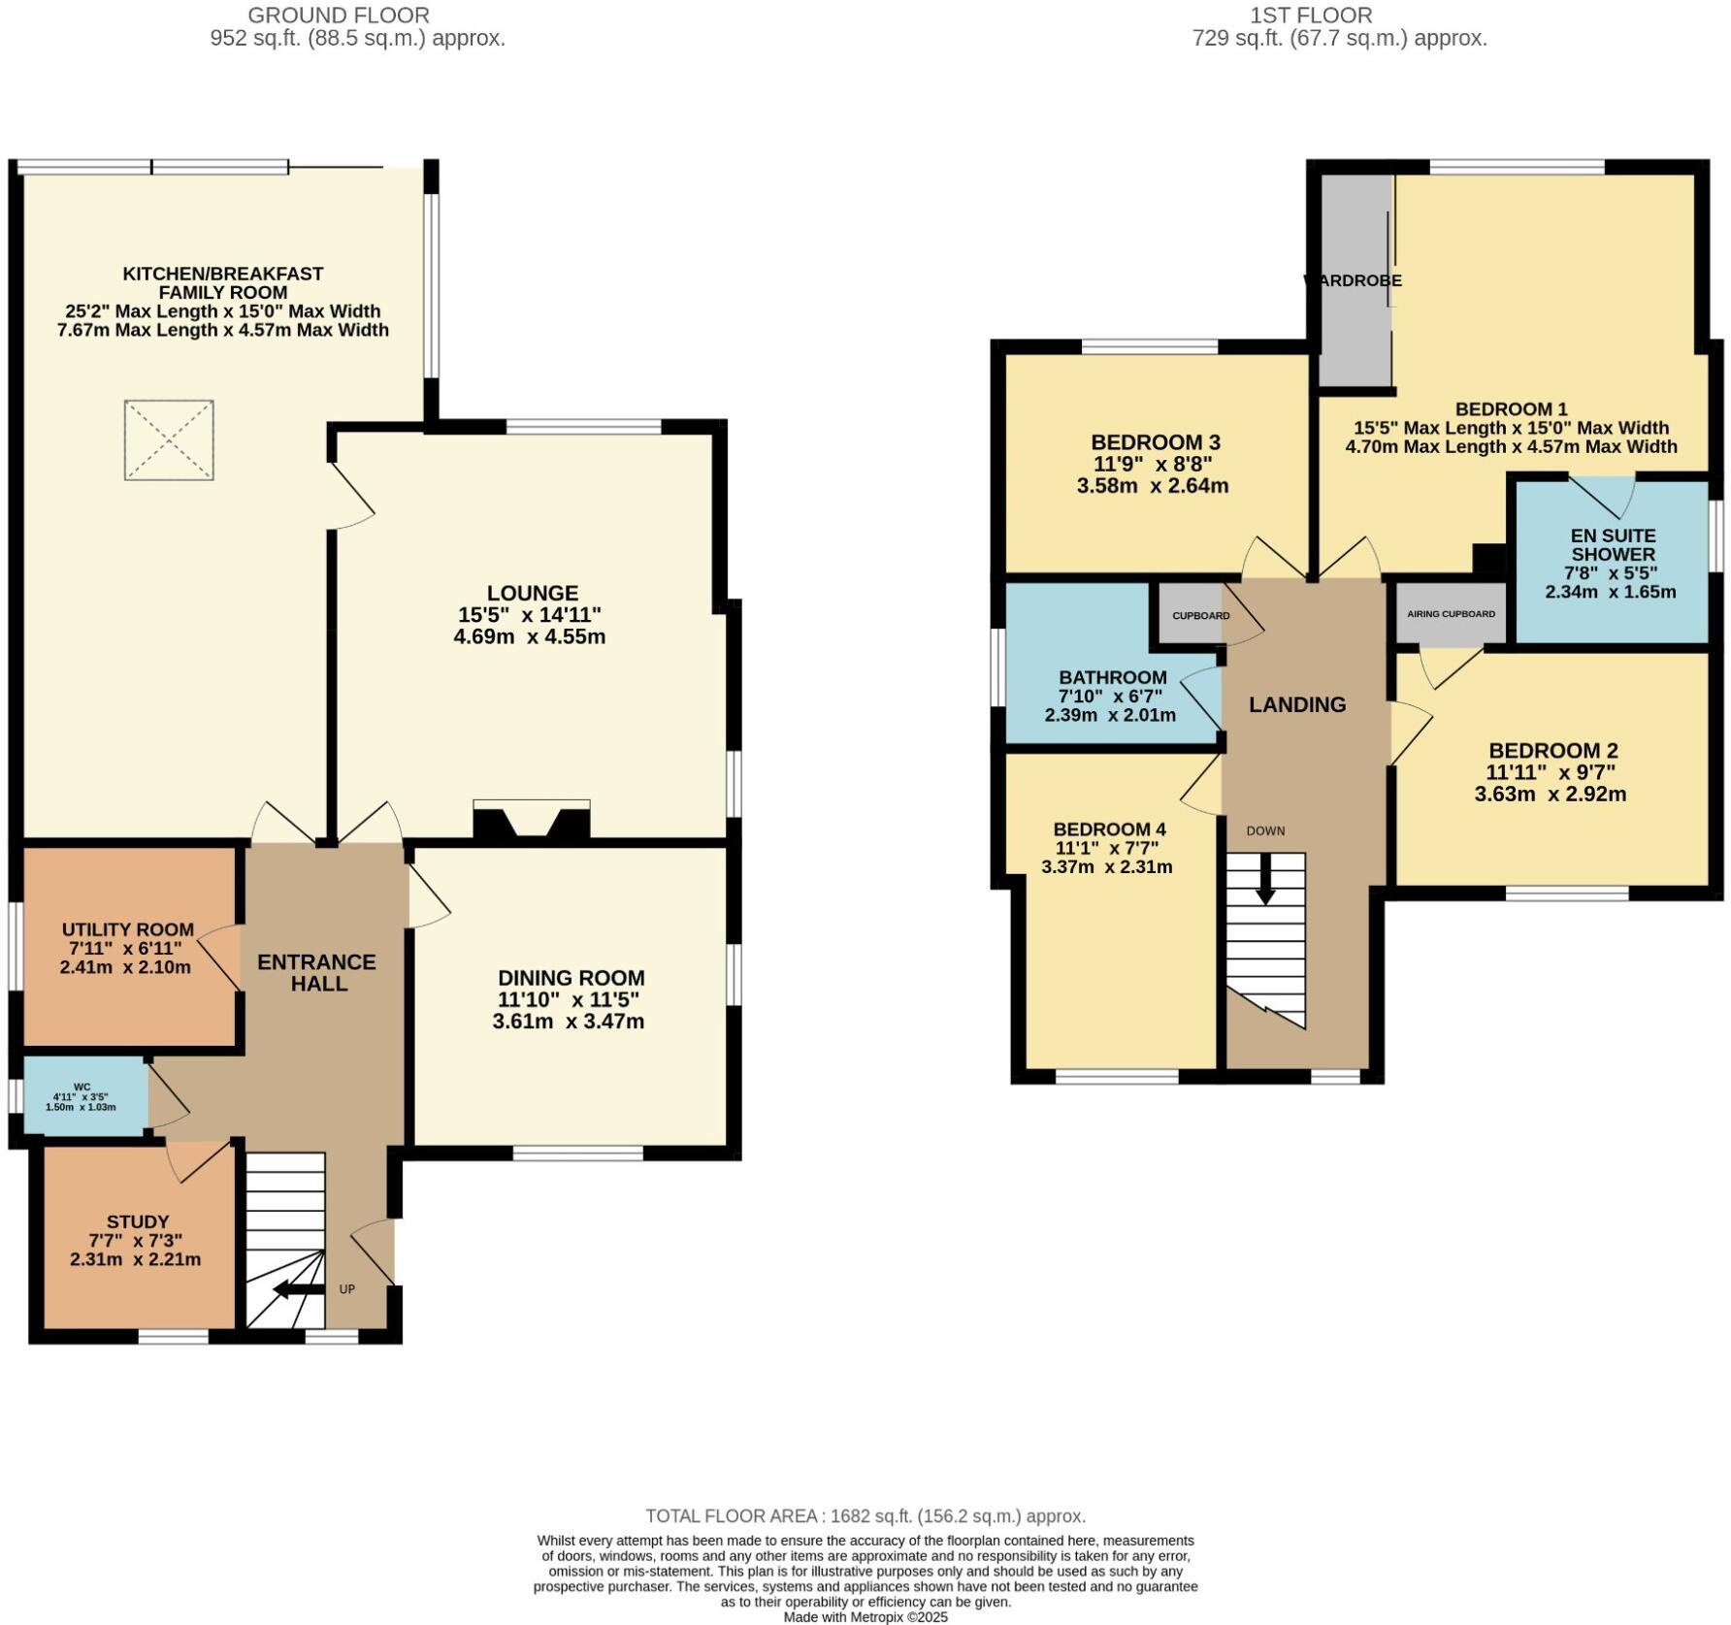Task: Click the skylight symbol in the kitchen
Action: (x=169, y=439)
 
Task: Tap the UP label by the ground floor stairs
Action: (x=347, y=1289)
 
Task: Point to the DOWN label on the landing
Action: (x=1265, y=830)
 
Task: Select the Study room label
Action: (x=138, y=1222)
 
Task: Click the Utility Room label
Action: (x=128, y=929)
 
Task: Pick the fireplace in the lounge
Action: (x=531, y=820)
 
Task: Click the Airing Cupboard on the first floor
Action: (x=1451, y=613)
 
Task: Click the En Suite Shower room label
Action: (x=1614, y=544)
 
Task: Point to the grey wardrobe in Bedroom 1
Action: (x=1355, y=280)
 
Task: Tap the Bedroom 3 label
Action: (x=1156, y=442)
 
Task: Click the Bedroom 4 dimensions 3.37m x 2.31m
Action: (x=1107, y=867)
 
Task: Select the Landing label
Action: (x=1297, y=705)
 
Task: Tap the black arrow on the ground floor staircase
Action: (x=299, y=1289)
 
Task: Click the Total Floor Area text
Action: (x=865, y=1515)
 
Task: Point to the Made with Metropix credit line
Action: (x=865, y=1616)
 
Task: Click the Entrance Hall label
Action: (x=317, y=972)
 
